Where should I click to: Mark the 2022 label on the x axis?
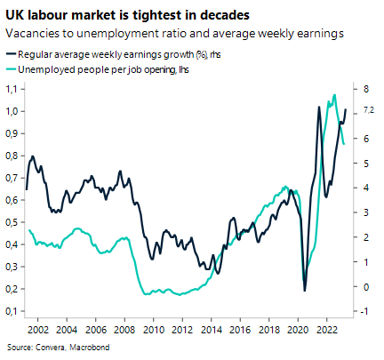point(323,327)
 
